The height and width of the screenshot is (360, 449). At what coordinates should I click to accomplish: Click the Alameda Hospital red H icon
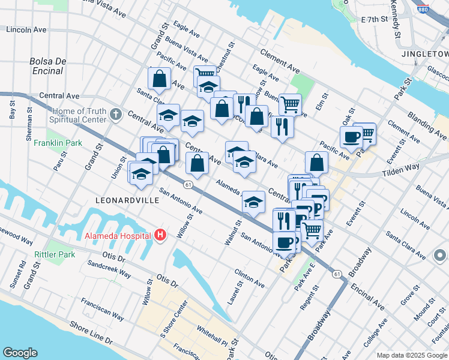pos(159,235)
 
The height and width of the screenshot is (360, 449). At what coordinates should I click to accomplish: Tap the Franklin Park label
pos(58,143)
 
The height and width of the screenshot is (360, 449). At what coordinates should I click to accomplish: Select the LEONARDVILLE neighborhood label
pos(127,199)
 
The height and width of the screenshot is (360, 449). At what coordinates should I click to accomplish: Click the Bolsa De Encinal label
pos(46,66)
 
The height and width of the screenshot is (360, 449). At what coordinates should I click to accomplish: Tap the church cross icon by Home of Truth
pos(117,114)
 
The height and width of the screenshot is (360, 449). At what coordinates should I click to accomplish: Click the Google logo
pos(20,353)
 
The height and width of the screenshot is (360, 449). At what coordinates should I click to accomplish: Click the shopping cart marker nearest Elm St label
pos(289,104)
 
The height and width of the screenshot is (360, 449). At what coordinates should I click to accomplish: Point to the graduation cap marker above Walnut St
pos(254,202)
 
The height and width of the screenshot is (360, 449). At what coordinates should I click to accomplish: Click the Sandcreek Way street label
pos(109,268)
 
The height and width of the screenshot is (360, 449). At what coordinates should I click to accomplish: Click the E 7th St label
pos(375,20)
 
